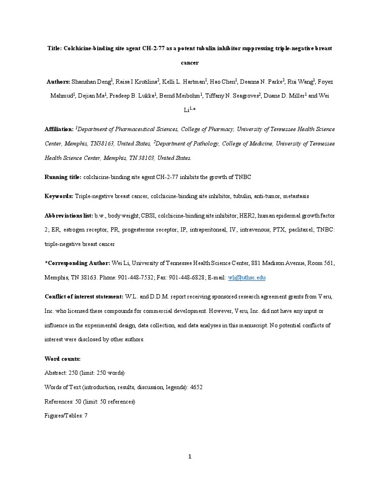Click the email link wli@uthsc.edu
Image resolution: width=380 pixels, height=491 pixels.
coord(246,278)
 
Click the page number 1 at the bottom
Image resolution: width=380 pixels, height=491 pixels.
coord(190,456)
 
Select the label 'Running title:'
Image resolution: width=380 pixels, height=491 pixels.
coord(63,177)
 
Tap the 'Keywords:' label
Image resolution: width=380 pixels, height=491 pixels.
coord(59,196)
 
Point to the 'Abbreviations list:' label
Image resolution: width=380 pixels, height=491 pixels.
coord(69,216)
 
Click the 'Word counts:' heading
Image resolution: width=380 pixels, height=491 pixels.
coord(62,358)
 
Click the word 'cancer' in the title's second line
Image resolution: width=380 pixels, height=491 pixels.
coord(190,62)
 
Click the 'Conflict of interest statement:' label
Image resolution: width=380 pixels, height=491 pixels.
coord(84,297)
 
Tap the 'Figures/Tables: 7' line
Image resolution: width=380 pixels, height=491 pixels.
coord(66,415)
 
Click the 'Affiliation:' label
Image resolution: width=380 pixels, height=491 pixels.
coord(59,129)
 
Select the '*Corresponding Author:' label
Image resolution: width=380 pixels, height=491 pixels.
coord(77,263)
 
